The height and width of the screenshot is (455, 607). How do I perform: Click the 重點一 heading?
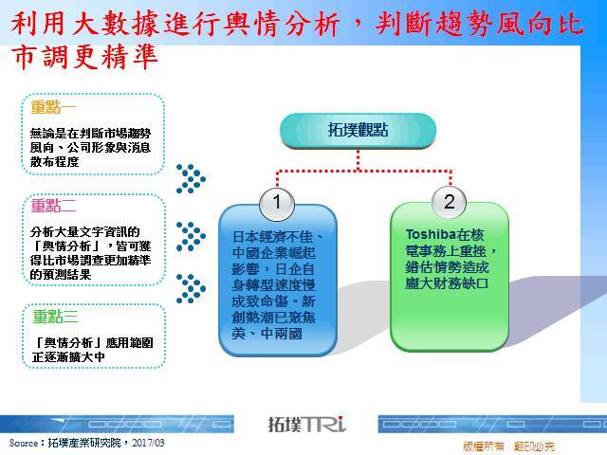tap(53, 107)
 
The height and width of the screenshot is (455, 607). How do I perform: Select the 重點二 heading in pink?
tap(53, 205)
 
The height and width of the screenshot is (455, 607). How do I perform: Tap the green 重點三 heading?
tap(55, 316)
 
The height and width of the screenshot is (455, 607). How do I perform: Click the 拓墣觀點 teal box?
tap(359, 131)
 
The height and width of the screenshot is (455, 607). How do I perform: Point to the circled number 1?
tap(277, 203)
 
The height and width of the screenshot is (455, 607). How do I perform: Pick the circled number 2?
tap(449, 202)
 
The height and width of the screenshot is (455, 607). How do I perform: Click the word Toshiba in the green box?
tap(431, 234)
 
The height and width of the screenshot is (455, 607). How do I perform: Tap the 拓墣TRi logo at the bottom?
tap(306, 424)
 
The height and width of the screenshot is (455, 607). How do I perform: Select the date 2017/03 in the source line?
tap(148, 443)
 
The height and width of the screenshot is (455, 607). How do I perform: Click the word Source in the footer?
tap(24, 443)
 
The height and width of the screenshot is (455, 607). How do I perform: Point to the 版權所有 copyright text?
tap(484, 446)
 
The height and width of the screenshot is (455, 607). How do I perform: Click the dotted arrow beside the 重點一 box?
tap(191, 178)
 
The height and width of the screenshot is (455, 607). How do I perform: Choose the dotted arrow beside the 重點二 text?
tap(191, 236)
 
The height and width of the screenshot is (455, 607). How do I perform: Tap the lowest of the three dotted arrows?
tap(191, 288)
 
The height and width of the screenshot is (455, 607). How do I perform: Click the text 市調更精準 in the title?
tap(84, 57)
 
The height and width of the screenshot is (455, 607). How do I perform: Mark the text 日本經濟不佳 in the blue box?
tap(272, 236)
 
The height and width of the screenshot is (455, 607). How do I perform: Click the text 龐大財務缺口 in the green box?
tap(447, 283)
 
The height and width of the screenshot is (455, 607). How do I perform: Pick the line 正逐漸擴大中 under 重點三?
tap(68, 356)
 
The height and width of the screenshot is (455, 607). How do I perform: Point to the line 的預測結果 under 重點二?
tap(61, 274)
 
